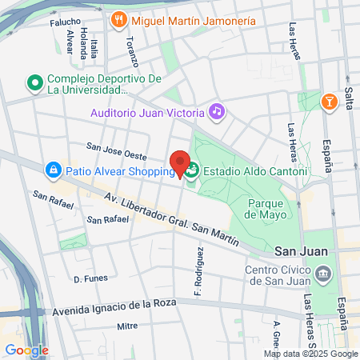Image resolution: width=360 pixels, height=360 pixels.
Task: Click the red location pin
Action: [x=180, y=163]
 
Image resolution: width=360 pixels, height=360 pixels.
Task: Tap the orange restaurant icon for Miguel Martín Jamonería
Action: [x=119, y=18]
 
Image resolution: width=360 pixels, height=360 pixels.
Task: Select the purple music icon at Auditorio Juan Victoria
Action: [x=216, y=111]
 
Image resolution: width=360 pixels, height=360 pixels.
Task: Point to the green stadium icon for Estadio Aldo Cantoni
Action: [x=193, y=171]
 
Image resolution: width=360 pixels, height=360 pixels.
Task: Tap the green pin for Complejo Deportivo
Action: [x=34, y=82]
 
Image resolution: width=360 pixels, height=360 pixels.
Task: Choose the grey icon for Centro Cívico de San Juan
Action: [x=322, y=274]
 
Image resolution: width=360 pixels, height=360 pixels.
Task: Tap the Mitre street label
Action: [x=127, y=326]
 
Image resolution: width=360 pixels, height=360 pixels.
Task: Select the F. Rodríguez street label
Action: [x=198, y=269]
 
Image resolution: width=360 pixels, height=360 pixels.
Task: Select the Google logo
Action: [x=26, y=350]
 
